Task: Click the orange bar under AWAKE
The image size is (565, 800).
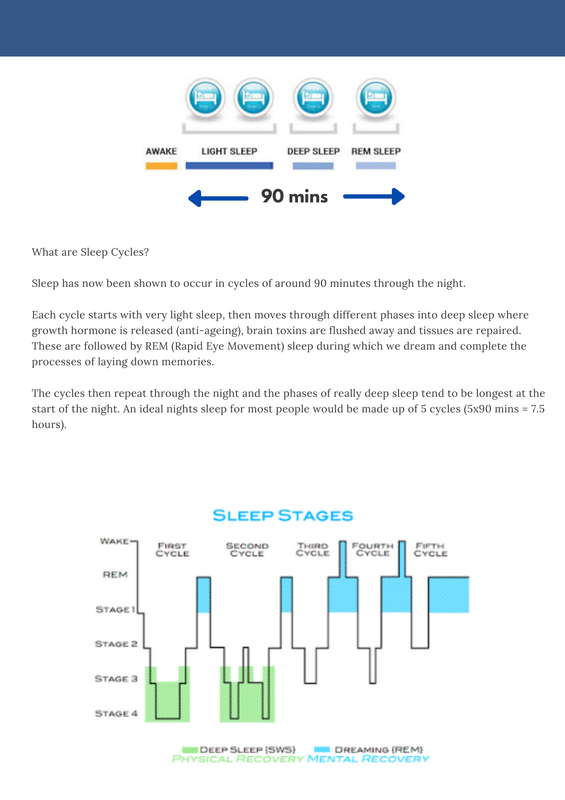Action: tap(161, 166)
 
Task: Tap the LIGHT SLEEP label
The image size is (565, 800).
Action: tap(229, 151)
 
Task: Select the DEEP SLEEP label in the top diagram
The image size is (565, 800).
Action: tap(313, 151)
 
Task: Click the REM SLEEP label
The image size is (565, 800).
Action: tap(376, 151)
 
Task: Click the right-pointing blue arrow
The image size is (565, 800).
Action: tap(374, 196)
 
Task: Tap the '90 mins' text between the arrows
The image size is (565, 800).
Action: tap(294, 196)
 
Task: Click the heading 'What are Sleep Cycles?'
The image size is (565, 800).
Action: tap(90, 252)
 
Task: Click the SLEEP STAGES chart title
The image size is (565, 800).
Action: tap(282, 515)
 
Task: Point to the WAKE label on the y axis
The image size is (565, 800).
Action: tap(114, 541)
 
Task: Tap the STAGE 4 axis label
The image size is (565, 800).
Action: tap(116, 714)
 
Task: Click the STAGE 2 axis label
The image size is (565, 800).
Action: tap(116, 644)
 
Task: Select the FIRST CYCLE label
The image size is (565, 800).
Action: tap(172, 550)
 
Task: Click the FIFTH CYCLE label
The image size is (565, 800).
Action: tap(430, 550)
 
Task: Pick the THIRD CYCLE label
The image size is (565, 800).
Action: tap(312, 550)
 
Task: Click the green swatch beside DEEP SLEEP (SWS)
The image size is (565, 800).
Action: tap(190, 750)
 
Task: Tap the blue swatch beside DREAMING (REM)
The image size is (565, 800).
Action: tap(322, 749)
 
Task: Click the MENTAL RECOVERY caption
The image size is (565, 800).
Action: tap(368, 759)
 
